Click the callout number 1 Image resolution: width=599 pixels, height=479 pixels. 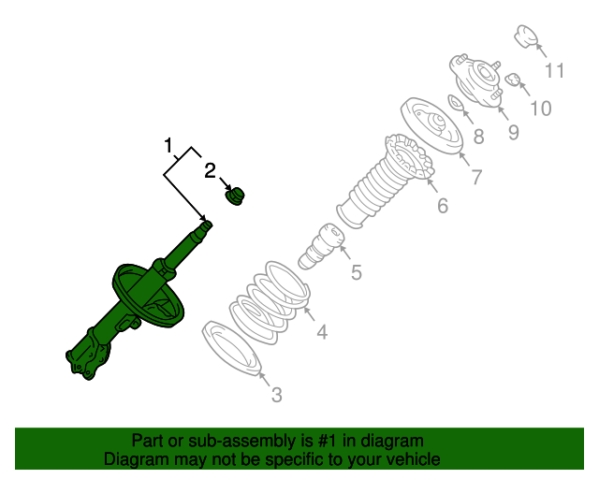(169, 146)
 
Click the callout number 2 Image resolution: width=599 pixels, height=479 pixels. (211, 170)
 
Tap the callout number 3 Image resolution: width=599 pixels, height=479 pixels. (276, 396)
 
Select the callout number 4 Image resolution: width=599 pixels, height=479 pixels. (321, 331)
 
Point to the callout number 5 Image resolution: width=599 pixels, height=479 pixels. (356, 273)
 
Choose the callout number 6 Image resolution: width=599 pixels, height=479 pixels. (442, 206)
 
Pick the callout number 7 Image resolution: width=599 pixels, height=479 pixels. (475, 176)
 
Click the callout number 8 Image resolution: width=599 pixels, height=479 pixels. (478, 138)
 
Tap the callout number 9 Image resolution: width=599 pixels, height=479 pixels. (513, 132)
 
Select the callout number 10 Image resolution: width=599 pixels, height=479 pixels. (540, 108)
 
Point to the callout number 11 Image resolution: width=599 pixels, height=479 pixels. (555, 70)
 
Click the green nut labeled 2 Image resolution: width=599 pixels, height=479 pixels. (236, 196)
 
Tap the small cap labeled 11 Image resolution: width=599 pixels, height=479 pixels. (528, 38)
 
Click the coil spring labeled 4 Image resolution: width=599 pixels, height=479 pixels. (271, 301)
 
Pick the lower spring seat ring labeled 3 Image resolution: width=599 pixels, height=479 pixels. (229, 348)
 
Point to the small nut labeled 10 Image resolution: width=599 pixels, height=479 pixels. (513, 80)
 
